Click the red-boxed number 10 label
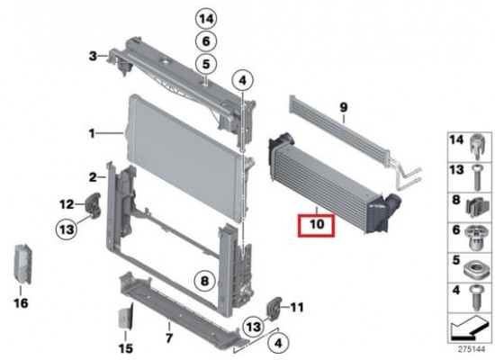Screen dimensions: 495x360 (317, 224)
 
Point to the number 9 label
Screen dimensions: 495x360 (344, 107)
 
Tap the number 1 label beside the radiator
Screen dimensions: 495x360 (92, 134)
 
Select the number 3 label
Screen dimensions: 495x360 (93, 56)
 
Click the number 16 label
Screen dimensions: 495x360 (22, 303)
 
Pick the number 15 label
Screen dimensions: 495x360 (126, 348)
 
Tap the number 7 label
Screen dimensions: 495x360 (169, 337)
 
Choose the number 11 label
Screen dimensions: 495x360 (297, 307)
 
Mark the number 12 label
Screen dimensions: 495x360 (67, 204)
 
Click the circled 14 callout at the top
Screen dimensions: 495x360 (206, 19)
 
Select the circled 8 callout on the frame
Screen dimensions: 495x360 (204, 280)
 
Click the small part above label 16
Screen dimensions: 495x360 (22, 264)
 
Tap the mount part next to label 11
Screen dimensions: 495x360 (274, 308)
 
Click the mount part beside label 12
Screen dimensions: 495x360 (93, 205)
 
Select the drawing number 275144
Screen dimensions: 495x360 (472, 349)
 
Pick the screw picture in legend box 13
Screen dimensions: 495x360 (477, 177)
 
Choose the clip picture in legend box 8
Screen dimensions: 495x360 (477, 208)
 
